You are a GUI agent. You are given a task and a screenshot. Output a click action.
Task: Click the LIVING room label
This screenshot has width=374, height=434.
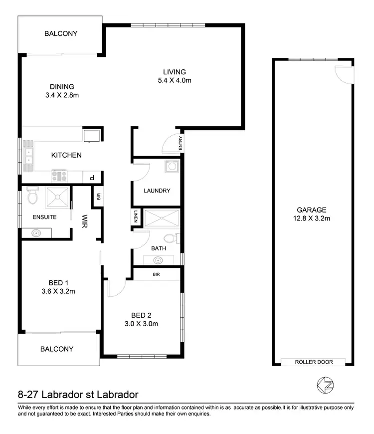pos(175,72)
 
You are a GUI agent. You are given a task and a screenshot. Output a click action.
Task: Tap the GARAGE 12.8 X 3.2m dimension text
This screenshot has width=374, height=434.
pos(313,218)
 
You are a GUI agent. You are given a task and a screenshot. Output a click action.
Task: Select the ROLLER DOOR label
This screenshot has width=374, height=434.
pos(313,362)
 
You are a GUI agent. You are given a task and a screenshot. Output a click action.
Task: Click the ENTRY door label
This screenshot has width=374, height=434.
pos(181,144)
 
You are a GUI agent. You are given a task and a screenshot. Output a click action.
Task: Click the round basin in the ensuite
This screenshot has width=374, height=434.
pos(36,232)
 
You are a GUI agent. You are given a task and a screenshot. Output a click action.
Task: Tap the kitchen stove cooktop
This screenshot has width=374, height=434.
pos(59,176)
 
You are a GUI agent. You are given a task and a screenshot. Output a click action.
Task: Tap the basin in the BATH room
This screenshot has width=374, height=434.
pos(158,259)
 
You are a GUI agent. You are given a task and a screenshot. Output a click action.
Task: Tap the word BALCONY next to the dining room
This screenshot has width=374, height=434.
pos(61,34)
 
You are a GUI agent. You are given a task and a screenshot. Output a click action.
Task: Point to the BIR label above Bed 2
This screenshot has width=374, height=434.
pos(156,274)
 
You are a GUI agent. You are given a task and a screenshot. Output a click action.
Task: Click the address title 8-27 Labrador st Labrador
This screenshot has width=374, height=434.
pos(77,395)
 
